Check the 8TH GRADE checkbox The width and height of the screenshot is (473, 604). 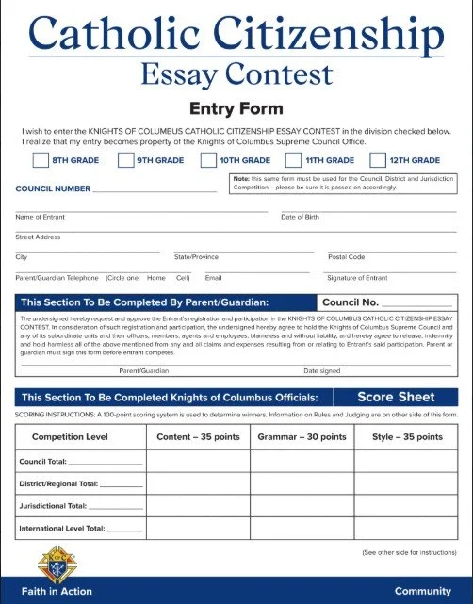[x=41, y=160]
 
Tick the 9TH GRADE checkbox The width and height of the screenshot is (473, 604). [x=125, y=160]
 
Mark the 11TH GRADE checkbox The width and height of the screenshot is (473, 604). [x=293, y=160]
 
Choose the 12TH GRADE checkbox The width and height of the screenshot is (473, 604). [x=379, y=160]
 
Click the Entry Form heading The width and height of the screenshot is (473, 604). [x=236, y=108]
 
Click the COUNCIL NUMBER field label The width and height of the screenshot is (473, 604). [x=53, y=188]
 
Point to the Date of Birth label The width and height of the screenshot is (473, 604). [x=300, y=217]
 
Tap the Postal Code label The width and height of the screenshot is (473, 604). [x=346, y=256]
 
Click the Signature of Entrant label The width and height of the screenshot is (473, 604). [x=357, y=277]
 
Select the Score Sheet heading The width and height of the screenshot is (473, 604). [x=396, y=397]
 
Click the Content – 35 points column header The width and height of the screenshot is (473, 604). [x=198, y=437]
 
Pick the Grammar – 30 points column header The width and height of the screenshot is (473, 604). [x=302, y=437]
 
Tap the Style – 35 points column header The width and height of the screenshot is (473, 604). [x=407, y=437]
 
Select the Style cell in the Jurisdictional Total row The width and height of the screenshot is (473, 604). [x=407, y=506]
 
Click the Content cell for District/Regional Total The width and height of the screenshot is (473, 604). [x=198, y=483]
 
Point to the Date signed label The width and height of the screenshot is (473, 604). [x=322, y=370]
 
